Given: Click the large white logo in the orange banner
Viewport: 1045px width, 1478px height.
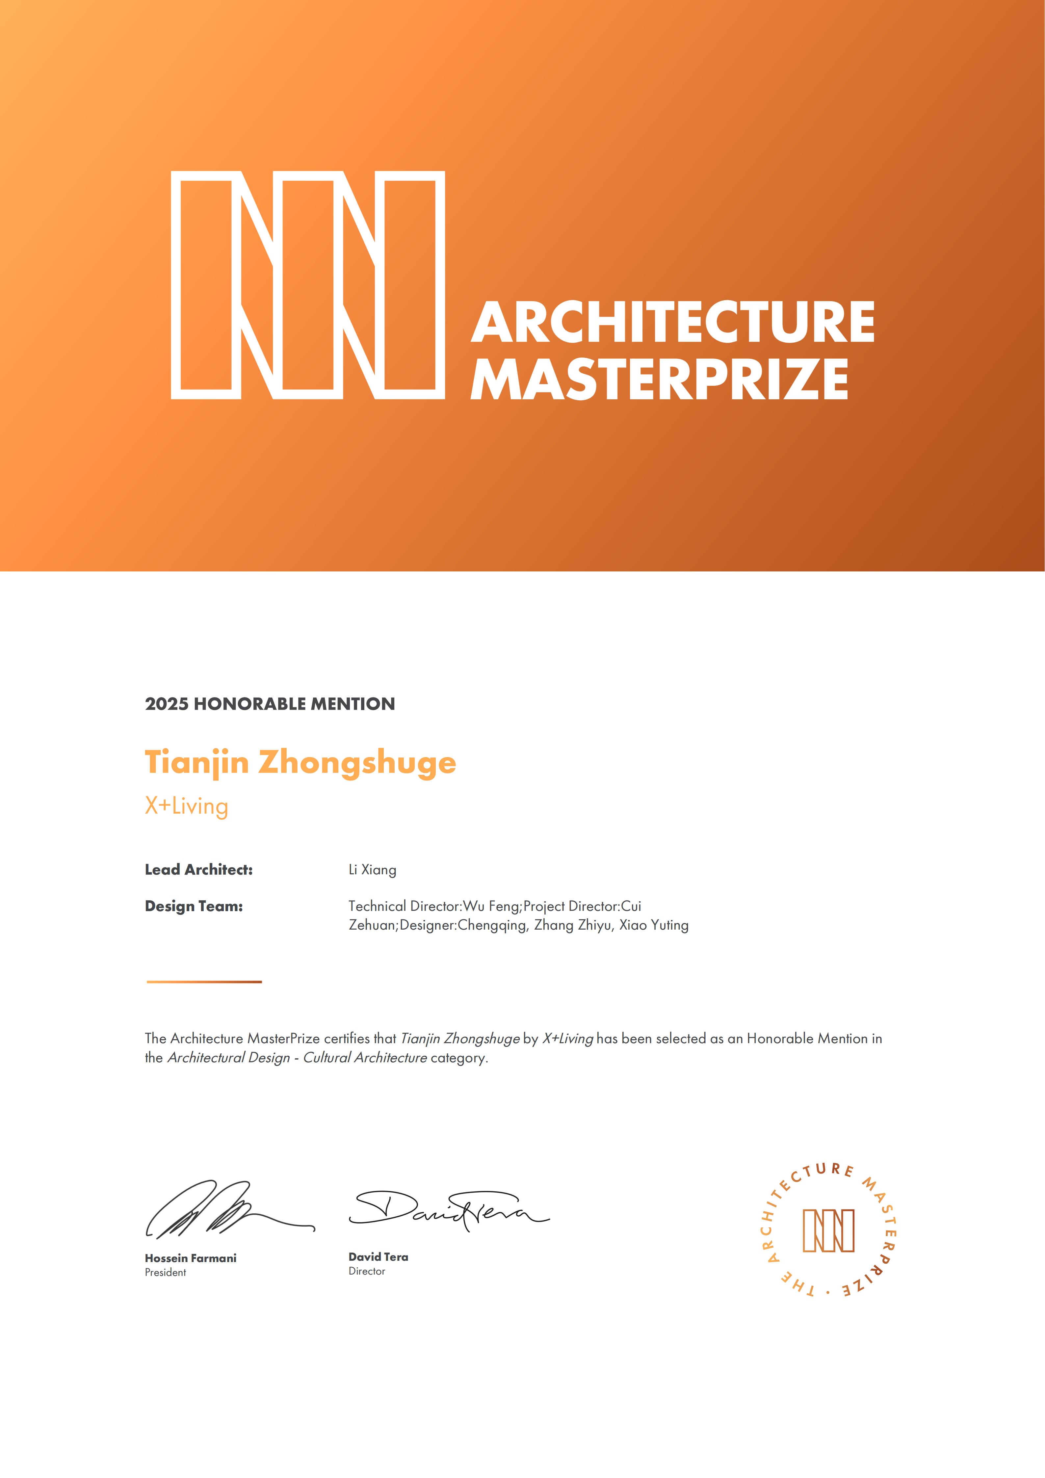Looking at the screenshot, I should [x=308, y=285].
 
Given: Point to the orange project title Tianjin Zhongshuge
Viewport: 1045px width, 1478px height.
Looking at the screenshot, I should [x=300, y=763].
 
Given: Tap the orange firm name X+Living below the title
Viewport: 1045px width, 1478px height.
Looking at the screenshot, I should [x=187, y=806].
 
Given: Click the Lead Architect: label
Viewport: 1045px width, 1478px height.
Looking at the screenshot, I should [x=199, y=870].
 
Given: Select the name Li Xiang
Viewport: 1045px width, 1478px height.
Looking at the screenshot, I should [x=373, y=870].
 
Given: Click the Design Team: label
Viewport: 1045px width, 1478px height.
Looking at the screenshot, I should [x=194, y=906].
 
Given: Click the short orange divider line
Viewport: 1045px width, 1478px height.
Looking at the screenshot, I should [x=204, y=982].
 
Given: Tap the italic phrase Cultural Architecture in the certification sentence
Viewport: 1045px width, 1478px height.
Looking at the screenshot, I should [x=365, y=1058].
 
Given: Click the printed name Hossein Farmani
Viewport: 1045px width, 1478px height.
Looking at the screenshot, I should [x=191, y=1258].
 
